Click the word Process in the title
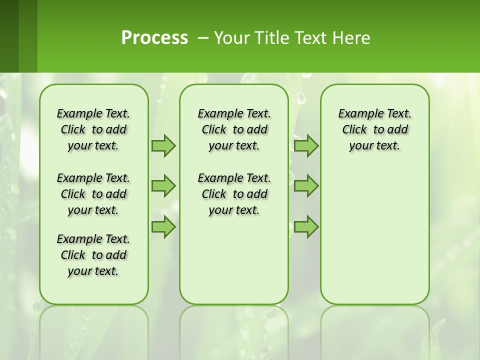click(x=154, y=38)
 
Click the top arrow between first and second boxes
click(x=163, y=145)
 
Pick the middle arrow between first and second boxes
click(x=163, y=186)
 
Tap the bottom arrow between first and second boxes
click(x=163, y=227)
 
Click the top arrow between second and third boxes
click(x=306, y=145)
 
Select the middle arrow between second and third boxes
click(x=306, y=186)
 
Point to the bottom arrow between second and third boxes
click(x=306, y=227)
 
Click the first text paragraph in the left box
click(x=93, y=129)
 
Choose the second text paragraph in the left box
click(x=93, y=194)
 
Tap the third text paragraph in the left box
click(x=93, y=255)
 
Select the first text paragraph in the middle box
click(x=234, y=129)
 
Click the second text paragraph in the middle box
click(x=234, y=194)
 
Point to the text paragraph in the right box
click(x=374, y=129)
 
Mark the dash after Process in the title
click(x=203, y=38)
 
